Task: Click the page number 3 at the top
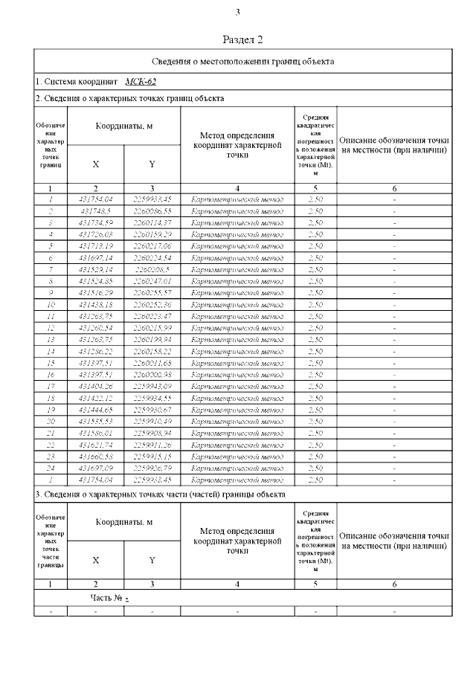[x=238, y=12]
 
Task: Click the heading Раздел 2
[x=243, y=39]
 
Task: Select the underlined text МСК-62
[x=141, y=82]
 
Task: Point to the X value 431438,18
[x=95, y=304]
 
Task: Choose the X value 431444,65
[x=95, y=410]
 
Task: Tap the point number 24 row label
[x=51, y=468]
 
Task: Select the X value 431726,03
[x=95, y=234]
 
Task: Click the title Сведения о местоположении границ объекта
[x=242, y=61]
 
